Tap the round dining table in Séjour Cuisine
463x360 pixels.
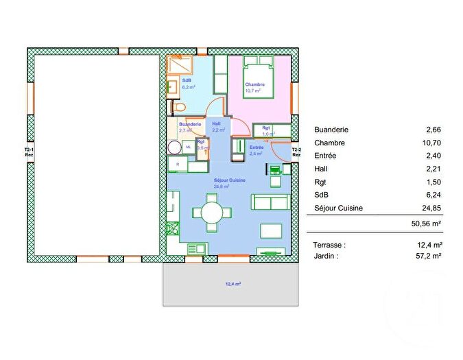tap(211, 213)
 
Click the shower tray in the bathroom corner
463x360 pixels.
tap(181, 65)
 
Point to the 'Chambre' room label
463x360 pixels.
tap(254, 85)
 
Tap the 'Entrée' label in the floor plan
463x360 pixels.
tap(257, 147)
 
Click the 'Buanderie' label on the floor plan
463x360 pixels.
tap(189, 123)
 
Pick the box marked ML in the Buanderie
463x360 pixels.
tap(187, 146)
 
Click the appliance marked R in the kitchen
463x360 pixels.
tap(178, 165)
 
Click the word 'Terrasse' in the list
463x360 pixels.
tap(329, 244)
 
